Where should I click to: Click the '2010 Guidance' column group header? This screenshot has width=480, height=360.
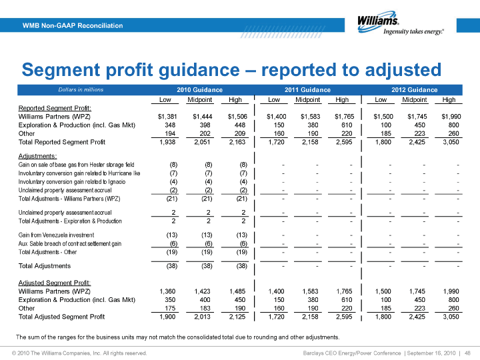(x=199, y=90)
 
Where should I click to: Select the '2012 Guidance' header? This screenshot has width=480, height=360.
(x=415, y=90)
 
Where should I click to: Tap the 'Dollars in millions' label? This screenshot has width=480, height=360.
(x=81, y=90)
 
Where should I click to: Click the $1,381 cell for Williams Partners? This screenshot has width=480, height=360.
(x=167, y=116)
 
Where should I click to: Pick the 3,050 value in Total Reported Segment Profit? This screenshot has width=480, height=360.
(x=451, y=142)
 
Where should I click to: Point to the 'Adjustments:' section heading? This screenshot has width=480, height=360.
(x=37, y=156)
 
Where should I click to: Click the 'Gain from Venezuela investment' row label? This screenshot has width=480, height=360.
(x=56, y=235)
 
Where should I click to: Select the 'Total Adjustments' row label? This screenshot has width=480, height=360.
(x=45, y=266)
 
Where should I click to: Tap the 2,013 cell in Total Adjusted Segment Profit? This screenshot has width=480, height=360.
(x=203, y=317)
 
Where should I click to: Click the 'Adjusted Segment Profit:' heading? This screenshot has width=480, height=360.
(x=55, y=283)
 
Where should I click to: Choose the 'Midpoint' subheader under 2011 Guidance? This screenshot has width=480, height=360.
(x=307, y=100)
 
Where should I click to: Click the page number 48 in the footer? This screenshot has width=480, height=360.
(x=467, y=353)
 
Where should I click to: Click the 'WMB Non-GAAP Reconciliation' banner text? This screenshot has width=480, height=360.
(x=73, y=25)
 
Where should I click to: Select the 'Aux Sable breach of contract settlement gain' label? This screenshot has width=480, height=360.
(x=70, y=244)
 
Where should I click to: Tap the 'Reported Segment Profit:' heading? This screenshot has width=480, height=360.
(x=55, y=108)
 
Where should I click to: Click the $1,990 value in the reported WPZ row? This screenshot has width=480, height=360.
(x=451, y=116)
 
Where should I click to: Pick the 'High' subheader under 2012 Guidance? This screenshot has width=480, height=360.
(x=449, y=100)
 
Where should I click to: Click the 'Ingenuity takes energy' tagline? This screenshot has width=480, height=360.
(x=413, y=31)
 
